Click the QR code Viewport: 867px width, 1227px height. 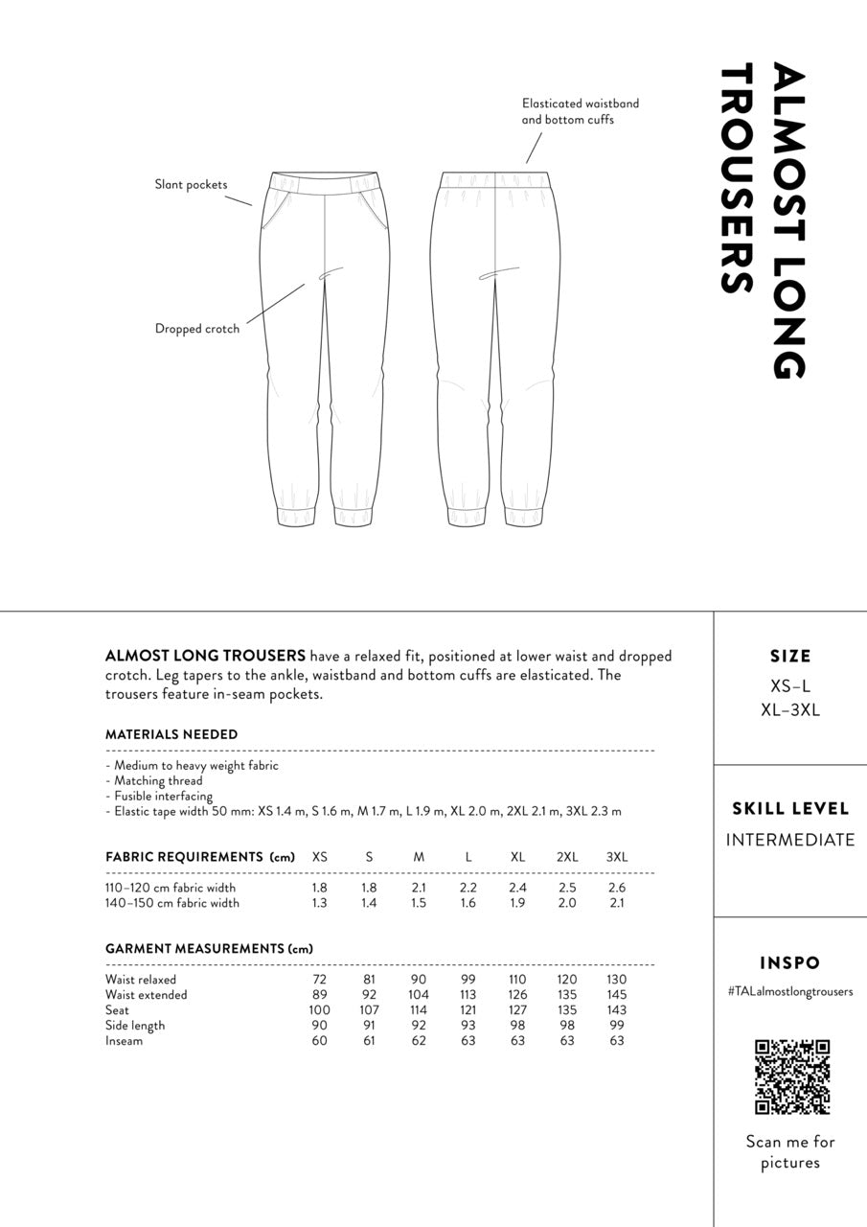pos(791,1077)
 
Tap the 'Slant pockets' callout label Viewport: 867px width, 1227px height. pos(191,184)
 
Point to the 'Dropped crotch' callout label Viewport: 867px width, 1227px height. pos(197,329)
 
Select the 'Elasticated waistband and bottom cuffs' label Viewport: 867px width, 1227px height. pos(580,111)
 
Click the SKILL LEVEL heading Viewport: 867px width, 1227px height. pos(790,809)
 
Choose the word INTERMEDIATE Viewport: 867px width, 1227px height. pos(790,841)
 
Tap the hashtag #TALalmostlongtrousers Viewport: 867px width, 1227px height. pos(790,992)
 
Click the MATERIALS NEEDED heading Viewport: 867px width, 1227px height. pos(171,734)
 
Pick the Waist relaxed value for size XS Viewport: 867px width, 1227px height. pos(319,980)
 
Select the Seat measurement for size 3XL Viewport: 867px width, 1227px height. pos(616,1010)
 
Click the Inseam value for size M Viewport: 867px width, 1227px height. pos(419,1041)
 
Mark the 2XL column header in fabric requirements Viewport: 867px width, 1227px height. pos(567,857)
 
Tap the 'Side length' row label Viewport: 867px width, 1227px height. pos(135,1026)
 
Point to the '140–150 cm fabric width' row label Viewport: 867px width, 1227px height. pos(172,903)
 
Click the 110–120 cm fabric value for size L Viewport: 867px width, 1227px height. pos(468,888)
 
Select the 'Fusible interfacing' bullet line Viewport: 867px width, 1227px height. pos(159,796)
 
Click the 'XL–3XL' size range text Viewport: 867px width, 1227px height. pos(790,710)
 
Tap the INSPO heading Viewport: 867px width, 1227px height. pos(790,963)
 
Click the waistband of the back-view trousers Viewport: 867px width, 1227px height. pos(495,179)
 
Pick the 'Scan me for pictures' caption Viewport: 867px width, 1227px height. pos(790,1152)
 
